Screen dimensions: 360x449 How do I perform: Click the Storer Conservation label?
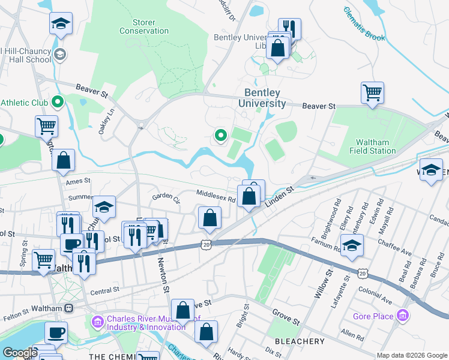pos(144,26)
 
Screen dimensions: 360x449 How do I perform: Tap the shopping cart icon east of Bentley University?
pos(372,93)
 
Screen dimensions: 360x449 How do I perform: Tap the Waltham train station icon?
pos(69,308)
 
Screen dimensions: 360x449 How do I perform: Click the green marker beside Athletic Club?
pos(58,102)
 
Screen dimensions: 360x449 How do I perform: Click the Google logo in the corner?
pos(20,353)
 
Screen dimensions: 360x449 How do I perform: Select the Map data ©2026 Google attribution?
pos(412,355)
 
